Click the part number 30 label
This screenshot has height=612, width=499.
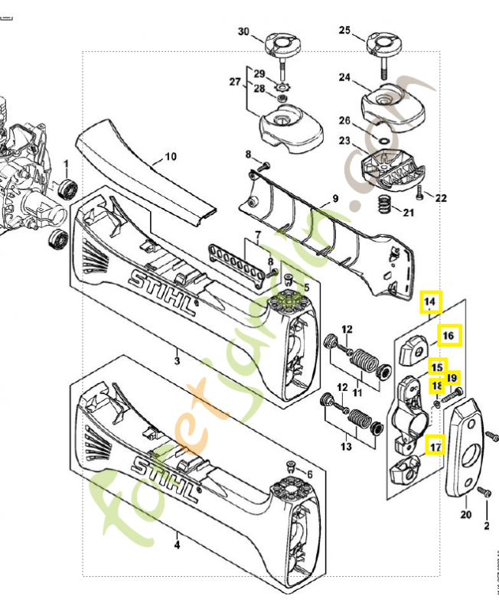click(x=243, y=32)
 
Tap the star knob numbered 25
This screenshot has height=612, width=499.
click(x=380, y=42)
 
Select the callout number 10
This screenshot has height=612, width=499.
click(x=170, y=157)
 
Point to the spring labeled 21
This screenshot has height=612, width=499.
click(x=386, y=205)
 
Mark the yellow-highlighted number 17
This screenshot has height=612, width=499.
click(x=435, y=445)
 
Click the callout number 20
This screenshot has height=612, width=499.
click(x=465, y=515)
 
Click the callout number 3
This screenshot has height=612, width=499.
click(x=177, y=360)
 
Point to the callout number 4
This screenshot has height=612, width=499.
click(x=177, y=546)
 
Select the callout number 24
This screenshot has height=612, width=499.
click(x=344, y=77)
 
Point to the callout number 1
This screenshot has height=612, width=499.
click(x=65, y=164)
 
